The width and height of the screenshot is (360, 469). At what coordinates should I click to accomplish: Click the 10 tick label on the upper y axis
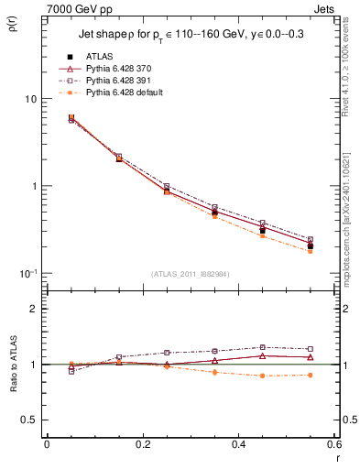click(x=30, y=99)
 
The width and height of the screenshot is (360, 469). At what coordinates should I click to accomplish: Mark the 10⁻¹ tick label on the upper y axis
click(x=28, y=273)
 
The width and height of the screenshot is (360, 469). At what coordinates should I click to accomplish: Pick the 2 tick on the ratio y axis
click(x=33, y=310)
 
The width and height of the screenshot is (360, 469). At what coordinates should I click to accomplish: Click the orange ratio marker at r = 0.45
click(x=262, y=376)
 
